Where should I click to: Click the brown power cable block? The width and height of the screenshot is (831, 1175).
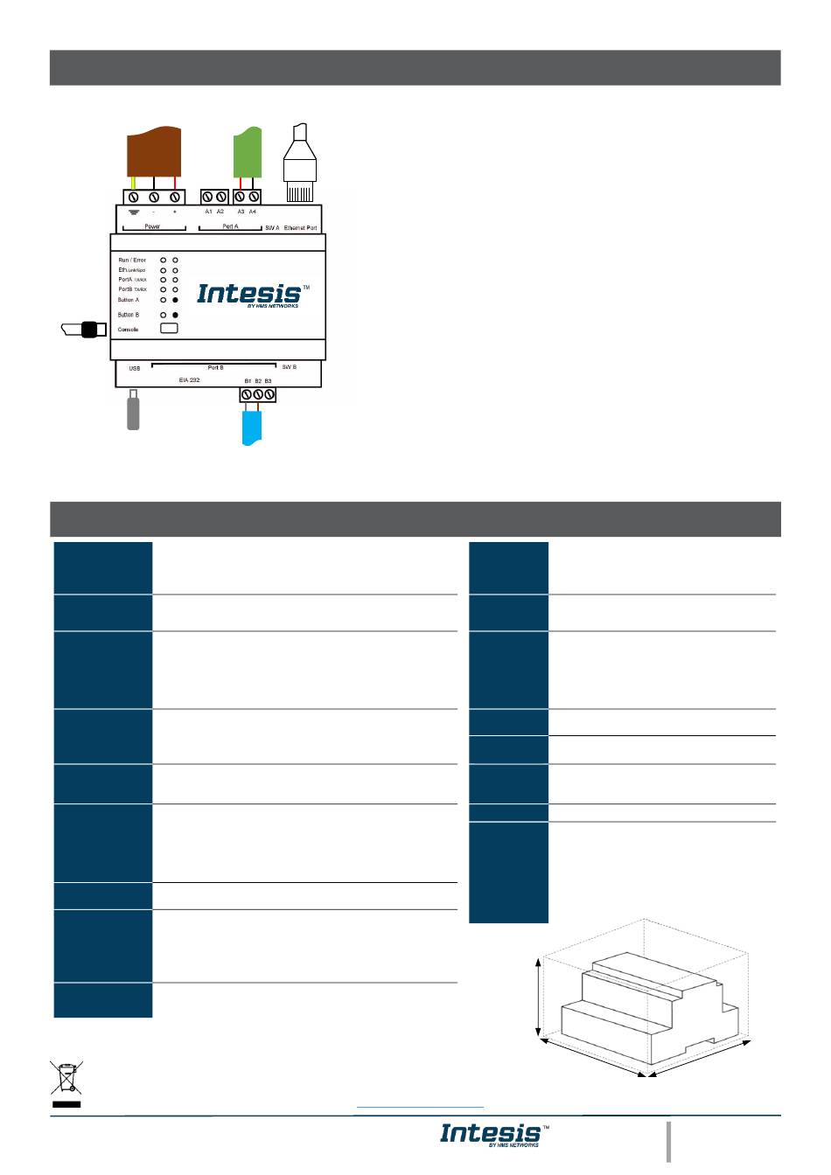tap(155, 153)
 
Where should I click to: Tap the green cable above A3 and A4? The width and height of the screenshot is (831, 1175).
tap(248, 153)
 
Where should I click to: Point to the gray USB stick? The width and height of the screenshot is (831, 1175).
tap(133, 412)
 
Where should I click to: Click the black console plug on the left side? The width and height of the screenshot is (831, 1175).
tap(87, 330)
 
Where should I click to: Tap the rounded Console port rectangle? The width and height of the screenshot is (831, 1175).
tap(169, 328)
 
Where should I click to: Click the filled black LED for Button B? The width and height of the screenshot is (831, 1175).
tap(175, 315)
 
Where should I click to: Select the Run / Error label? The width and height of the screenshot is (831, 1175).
tap(132, 261)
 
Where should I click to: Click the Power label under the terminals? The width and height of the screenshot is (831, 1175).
tap(152, 226)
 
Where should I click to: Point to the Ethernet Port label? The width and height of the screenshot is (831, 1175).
tap(301, 227)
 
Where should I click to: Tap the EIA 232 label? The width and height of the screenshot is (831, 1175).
tap(190, 380)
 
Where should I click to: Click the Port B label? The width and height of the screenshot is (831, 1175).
tap(215, 368)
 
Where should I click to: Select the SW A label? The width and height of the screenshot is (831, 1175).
tap(272, 227)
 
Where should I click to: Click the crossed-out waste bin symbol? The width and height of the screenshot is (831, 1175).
tap(66, 1079)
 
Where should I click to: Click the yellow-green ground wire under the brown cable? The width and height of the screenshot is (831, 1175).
tap(133, 184)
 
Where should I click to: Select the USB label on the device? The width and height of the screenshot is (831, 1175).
tap(135, 368)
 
